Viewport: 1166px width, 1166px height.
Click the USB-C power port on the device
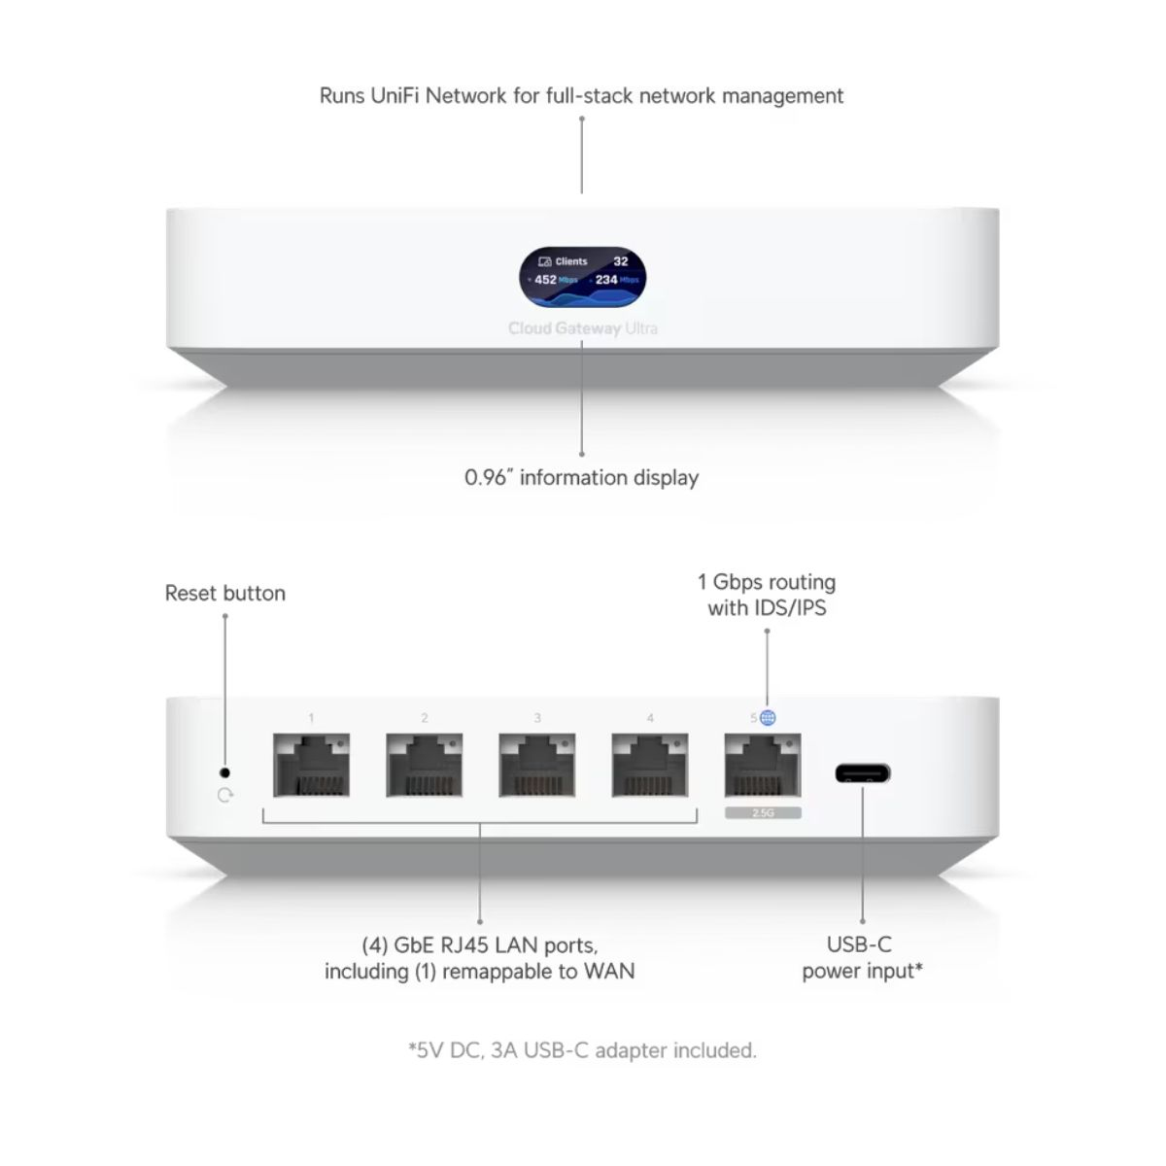click(x=862, y=774)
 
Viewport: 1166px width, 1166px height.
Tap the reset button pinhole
click(x=225, y=772)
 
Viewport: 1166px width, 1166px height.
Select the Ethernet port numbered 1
click(x=311, y=766)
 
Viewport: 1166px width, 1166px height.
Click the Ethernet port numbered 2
click(x=425, y=766)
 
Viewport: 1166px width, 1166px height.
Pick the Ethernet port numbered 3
click(x=537, y=766)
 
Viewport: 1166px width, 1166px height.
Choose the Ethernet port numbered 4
click(x=650, y=766)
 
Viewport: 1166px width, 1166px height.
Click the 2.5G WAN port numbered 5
click(x=763, y=766)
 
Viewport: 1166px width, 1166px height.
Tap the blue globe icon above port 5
click(x=768, y=718)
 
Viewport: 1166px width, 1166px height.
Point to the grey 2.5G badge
click(x=763, y=812)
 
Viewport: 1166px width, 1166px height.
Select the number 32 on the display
click(x=621, y=261)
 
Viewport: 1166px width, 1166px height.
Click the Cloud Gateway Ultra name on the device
click(x=583, y=328)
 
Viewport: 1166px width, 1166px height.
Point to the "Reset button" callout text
click(x=225, y=593)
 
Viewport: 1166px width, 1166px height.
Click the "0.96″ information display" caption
click(x=581, y=477)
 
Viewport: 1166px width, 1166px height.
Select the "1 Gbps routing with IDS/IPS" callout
click(x=767, y=595)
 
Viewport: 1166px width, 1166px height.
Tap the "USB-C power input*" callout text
click(x=862, y=957)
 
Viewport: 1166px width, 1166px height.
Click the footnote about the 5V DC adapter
click(x=582, y=1050)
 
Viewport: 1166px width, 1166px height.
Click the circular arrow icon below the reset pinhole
click(x=225, y=796)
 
